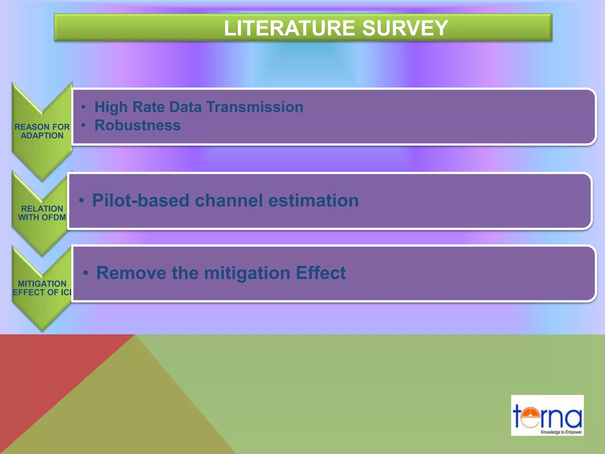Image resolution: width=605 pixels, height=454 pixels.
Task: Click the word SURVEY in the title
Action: pos(405,28)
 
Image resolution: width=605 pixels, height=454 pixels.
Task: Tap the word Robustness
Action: pos(137,125)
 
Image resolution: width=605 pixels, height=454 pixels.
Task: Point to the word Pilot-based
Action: pos(141,200)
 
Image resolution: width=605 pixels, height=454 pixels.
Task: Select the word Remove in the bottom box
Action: pos(131,273)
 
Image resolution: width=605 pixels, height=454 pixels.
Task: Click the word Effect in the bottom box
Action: pos(321,273)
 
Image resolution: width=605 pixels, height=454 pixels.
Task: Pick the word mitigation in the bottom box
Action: pos(247,273)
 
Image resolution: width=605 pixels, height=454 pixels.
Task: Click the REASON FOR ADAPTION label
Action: pos(42,131)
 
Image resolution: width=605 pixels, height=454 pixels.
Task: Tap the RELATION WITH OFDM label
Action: pos(42,213)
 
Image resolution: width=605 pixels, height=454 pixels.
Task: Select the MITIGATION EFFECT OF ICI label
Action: pos(42,288)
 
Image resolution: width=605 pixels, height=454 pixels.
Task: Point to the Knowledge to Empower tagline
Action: pos(561,432)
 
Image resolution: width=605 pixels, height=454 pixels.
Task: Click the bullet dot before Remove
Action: pos(85,273)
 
